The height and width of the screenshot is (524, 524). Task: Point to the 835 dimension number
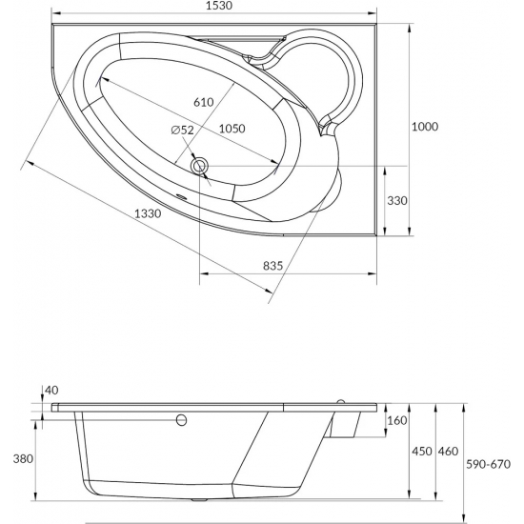coord(272,268)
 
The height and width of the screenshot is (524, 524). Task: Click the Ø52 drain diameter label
coord(184,130)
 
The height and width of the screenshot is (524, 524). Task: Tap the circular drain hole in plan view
coord(200,167)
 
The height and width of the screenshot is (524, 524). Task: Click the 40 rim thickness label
coord(50,390)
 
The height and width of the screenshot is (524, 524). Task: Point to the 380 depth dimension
coord(15,458)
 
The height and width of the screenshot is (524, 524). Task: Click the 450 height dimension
coord(419,451)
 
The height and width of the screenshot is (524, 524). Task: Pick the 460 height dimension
coord(446,451)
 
